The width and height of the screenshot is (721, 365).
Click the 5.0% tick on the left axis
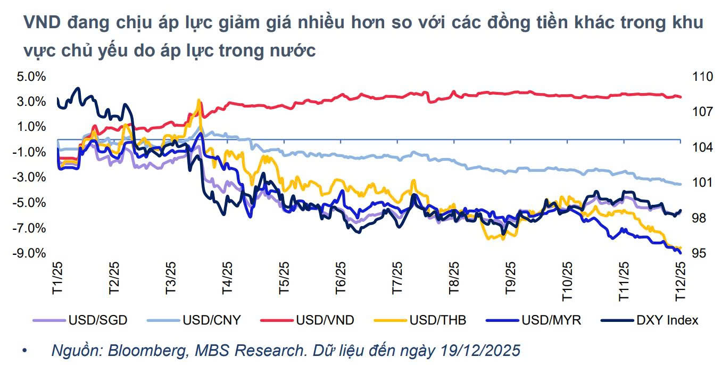pyautogui.click(x=32, y=77)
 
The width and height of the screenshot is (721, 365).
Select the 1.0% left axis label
pyautogui.click(x=32, y=127)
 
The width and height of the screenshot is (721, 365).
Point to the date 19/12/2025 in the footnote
pyautogui.click(x=479, y=351)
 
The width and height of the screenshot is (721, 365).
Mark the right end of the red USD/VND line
pyautogui.click(x=681, y=97)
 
